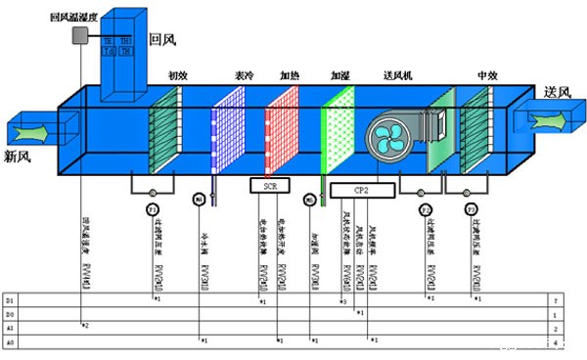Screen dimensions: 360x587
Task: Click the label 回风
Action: (x=161, y=40)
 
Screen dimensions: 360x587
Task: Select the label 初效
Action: (x=177, y=74)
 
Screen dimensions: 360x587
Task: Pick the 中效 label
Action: (x=487, y=74)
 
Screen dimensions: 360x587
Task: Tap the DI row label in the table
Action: (x=10, y=297)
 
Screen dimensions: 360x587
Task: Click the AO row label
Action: (x=10, y=342)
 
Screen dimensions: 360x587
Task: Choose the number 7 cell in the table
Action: (x=555, y=297)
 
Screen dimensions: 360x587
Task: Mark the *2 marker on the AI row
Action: (x=85, y=323)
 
